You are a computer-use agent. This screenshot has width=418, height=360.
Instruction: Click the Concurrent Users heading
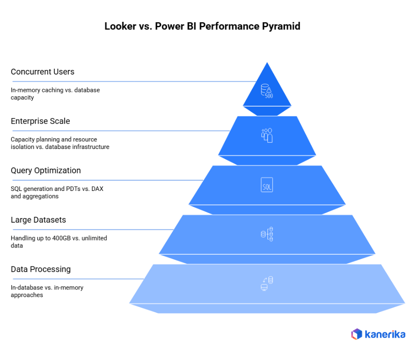click(x=42, y=72)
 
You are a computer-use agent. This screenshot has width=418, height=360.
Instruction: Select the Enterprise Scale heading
click(x=40, y=121)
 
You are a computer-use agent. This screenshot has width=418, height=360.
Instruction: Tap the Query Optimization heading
click(x=46, y=170)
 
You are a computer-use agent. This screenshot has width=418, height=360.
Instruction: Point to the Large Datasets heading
click(x=38, y=220)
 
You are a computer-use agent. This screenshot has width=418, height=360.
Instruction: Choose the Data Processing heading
click(x=41, y=269)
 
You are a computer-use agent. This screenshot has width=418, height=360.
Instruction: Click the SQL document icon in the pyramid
click(x=267, y=185)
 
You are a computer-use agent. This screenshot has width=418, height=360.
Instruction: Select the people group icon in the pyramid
click(x=267, y=135)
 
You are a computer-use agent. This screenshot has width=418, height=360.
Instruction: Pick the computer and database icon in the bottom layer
click(x=267, y=284)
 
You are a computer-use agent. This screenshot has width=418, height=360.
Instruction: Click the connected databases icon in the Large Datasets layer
click(x=267, y=234)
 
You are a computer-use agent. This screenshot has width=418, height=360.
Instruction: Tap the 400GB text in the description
click(x=62, y=238)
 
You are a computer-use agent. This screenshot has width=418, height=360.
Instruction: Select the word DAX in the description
click(x=97, y=189)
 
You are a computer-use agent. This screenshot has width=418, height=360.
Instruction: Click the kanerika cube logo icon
click(x=356, y=334)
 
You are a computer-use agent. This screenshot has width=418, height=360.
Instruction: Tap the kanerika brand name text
click(x=385, y=334)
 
